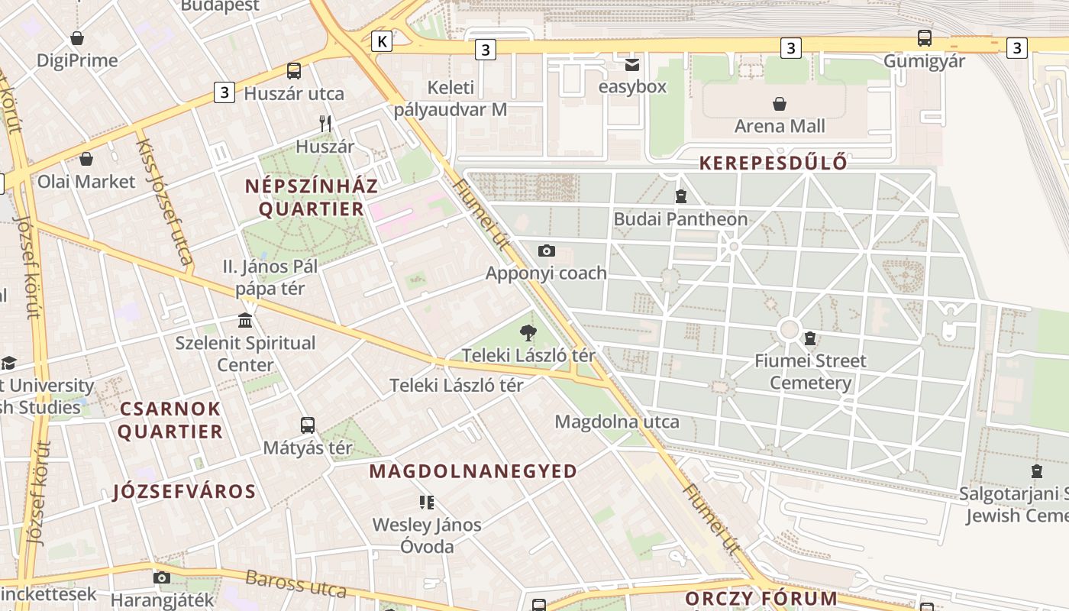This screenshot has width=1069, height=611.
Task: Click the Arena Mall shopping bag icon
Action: tap(780, 104)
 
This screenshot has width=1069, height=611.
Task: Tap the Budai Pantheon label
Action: tap(680, 219)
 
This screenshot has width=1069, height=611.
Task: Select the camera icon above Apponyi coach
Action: tap(546, 251)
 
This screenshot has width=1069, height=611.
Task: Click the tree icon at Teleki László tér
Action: tap(527, 332)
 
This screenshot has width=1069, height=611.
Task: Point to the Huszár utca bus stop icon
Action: tap(294, 71)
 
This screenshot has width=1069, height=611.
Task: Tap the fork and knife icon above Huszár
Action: tap(325, 123)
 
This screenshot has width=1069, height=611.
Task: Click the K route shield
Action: tap(382, 40)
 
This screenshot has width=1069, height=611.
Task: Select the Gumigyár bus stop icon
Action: tap(924, 37)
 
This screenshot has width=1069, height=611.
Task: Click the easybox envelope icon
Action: tap(631, 65)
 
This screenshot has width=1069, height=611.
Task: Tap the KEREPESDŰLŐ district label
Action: tap(773, 163)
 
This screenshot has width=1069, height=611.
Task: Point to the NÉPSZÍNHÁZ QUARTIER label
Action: tap(312, 197)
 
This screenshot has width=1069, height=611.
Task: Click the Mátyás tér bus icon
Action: tap(308, 425)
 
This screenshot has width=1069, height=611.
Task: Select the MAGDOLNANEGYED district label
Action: tap(473, 471)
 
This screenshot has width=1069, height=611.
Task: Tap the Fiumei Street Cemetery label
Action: tap(810, 371)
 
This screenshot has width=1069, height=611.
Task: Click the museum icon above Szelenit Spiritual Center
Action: tap(245, 320)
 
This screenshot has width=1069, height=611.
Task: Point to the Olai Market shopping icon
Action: tap(86, 159)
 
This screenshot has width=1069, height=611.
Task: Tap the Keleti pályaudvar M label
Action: tap(450, 99)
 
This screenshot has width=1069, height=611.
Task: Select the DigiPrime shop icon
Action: tap(77, 38)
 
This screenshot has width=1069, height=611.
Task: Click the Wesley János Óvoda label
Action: tap(427, 535)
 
